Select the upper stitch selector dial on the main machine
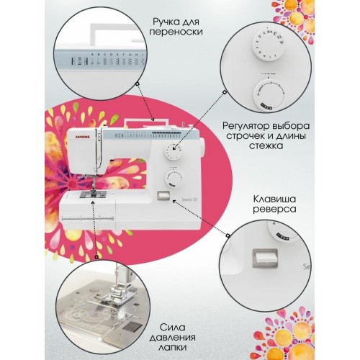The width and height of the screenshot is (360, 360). pos(172,150)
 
